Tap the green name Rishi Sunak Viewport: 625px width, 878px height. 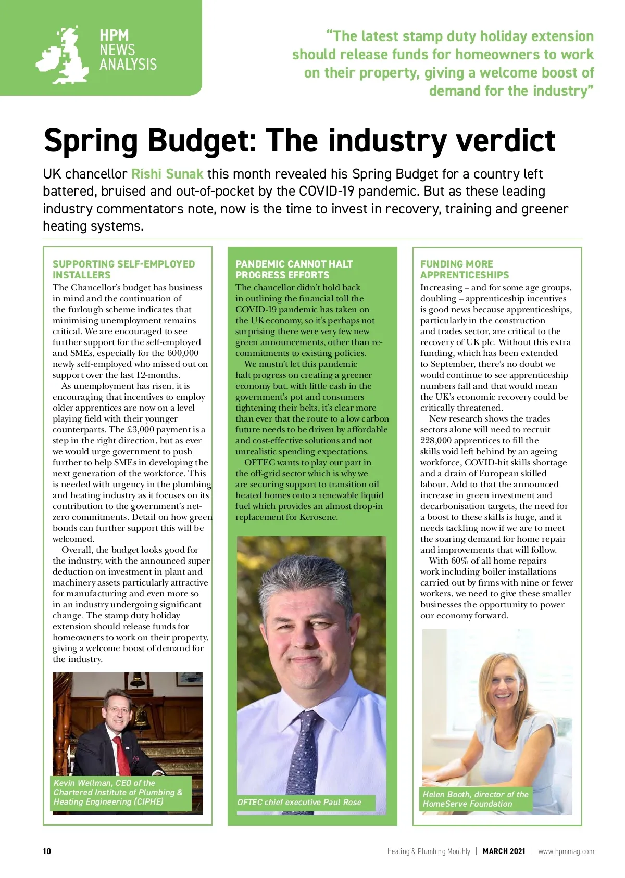coord(167,174)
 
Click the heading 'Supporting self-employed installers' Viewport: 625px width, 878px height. coord(123,270)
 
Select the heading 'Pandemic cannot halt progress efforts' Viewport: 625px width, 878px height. coord(294,270)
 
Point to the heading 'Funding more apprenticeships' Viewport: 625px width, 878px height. coord(464,270)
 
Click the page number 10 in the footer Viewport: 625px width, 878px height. coord(47,851)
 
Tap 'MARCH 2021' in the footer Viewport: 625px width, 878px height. coord(504,851)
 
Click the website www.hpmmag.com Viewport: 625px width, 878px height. coord(566,851)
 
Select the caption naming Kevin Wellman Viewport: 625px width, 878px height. coord(118,792)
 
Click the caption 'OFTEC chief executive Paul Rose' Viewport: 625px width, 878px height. coord(299,802)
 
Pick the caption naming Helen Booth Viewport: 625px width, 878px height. coord(475,799)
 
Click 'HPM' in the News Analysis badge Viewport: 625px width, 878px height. coord(114,35)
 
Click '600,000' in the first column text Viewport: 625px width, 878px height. coord(183,353)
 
